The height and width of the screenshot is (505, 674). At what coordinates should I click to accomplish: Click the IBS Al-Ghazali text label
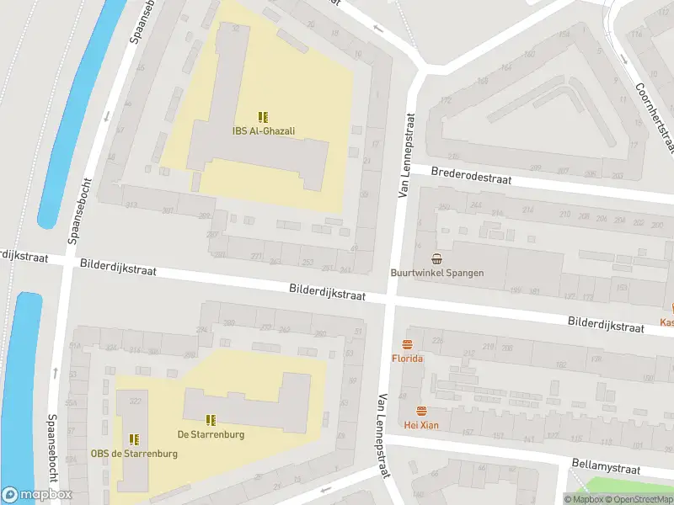pyautogui.click(x=263, y=130)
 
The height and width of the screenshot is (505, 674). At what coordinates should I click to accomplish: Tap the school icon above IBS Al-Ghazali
pyautogui.click(x=263, y=117)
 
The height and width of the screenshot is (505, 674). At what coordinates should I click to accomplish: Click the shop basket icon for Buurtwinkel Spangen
pyautogui.click(x=436, y=258)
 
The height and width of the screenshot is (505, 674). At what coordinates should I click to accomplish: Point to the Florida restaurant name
pyautogui.click(x=407, y=359)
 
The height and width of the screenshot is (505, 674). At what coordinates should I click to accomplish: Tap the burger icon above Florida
pyautogui.click(x=407, y=344)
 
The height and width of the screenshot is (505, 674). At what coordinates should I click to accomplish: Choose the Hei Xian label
pyautogui.click(x=421, y=425)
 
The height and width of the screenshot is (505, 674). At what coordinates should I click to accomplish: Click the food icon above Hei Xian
pyautogui.click(x=421, y=411)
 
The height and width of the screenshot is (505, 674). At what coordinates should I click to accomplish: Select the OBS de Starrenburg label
pyautogui.click(x=134, y=454)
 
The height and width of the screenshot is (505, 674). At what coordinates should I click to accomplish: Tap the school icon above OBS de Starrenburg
pyautogui.click(x=134, y=439)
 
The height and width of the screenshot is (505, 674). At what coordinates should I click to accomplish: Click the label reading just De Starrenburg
pyautogui.click(x=211, y=434)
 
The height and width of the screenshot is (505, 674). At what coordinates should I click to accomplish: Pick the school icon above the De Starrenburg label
pyautogui.click(x=211, y=419)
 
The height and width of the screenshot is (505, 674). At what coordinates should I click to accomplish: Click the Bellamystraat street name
pyautogui.click(x=606, y=469)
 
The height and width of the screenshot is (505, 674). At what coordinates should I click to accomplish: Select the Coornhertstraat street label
pyautogui.click(x=655, y=118)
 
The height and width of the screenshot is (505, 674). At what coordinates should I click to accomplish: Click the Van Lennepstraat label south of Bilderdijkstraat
pyautogui.click(x=384, y=436)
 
